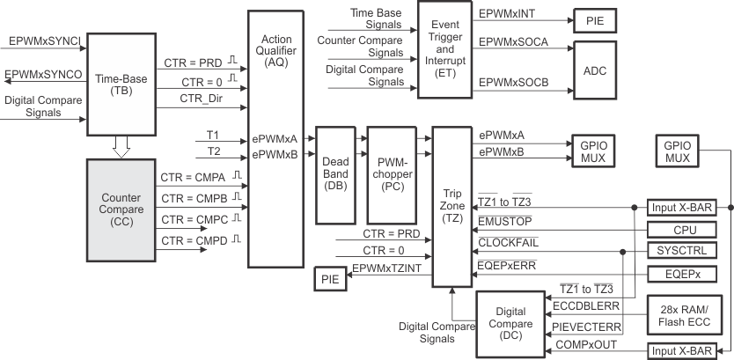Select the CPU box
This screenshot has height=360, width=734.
point(684,229)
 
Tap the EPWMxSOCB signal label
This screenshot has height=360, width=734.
point(514,82)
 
